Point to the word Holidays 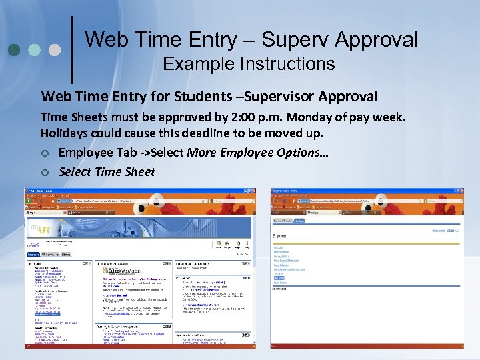point(66,134)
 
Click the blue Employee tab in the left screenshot point(33,254)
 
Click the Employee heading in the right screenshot point(281,235)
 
